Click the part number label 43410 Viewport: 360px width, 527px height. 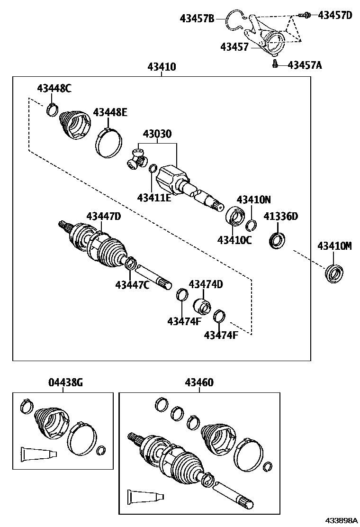tap(162, 67)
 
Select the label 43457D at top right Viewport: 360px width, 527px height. tap(334, 15)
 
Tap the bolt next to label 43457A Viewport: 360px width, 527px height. tap(275, 64)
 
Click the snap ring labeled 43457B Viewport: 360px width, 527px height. tap(235, 20)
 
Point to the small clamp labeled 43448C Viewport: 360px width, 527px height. tap(52, 110)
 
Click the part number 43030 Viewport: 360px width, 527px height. tap(158, 135)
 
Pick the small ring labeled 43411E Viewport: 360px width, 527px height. tap(153, 168)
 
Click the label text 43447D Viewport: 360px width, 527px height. tap(103, 216)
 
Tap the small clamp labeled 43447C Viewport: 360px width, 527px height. tap(131, 263)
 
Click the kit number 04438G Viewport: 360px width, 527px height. tap(65, 382)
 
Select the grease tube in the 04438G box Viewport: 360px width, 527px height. tap(38, 453)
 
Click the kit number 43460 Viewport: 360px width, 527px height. tap(199, 382)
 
